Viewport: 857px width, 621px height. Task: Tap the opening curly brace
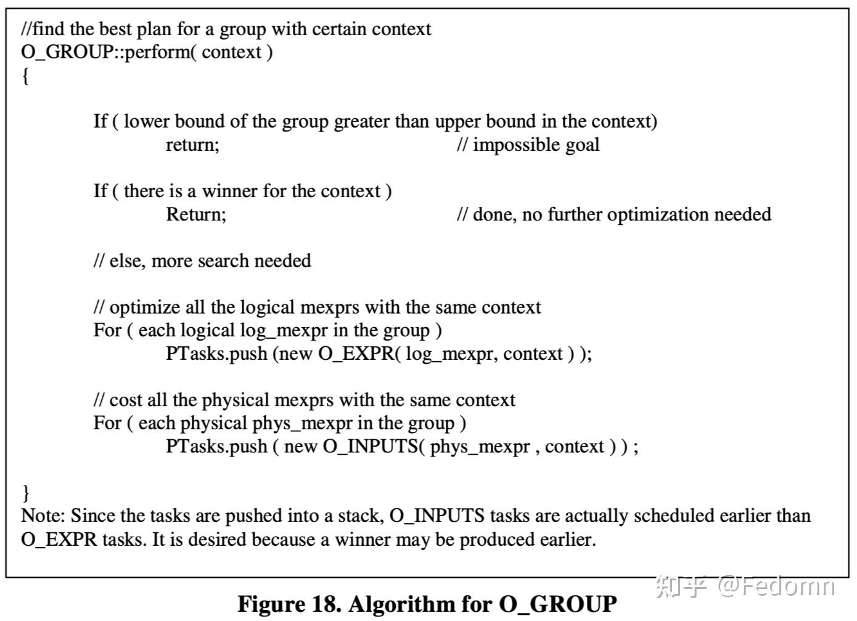(x=25, y=76)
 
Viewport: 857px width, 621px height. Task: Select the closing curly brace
(x=25, y=492)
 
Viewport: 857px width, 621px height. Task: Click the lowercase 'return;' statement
(x=192, y=145)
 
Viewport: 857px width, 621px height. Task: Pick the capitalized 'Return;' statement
(x=196, y=214)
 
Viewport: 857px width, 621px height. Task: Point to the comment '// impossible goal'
(x=528, y=145)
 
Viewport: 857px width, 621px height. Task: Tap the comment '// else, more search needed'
(x=202, y=261)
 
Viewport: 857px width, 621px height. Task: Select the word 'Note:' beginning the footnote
(x=44, y=516)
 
